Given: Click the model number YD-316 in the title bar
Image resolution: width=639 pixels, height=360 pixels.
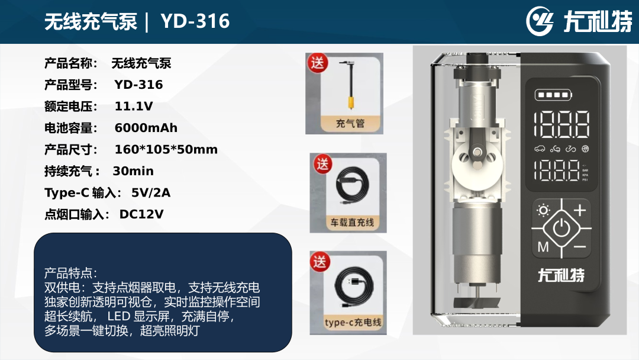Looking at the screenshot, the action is (x=195, y=21).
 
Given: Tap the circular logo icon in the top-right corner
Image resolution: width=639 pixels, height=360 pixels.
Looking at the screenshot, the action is (x=540, y=21).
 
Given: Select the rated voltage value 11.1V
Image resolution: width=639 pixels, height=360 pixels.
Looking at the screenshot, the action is (x=134, y=107).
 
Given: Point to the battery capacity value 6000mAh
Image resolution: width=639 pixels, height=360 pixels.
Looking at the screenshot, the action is (x=146, y=128).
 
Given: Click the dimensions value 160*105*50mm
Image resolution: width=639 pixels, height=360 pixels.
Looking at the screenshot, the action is (x=166, y=150).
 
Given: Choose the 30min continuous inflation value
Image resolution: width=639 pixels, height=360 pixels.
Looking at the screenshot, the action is (x=133, y=171).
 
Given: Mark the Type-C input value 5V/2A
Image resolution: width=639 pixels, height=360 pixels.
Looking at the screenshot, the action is (x=151, y=193).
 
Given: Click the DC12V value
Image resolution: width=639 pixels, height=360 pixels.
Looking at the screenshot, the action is (x=141, y=214).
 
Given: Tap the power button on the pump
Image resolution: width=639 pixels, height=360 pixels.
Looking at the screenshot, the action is (x=561, y=227).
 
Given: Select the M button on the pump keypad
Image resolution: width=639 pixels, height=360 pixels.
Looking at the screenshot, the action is (x=543, y=247).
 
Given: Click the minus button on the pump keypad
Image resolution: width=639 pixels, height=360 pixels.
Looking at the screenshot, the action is (x=579, y=247).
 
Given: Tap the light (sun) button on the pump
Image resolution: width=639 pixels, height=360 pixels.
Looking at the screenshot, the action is (x=543, y=210).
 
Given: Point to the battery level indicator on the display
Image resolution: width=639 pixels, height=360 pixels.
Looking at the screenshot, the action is (x=553, y=95).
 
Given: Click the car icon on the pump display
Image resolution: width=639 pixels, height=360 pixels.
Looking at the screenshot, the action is (x=540, y=149).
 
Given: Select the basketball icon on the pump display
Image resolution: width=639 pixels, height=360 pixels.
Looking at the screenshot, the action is (x=585, y=149).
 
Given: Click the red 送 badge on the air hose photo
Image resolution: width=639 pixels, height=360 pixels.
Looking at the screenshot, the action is (x=318, y=63).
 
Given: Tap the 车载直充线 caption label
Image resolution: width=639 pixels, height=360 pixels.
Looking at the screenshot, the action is (x=352, y=223).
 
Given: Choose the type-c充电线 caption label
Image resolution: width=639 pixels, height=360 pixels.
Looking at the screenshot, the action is (x=353, y=323).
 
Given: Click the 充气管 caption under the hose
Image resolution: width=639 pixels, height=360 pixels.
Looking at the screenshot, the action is (x=350, y=123).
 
